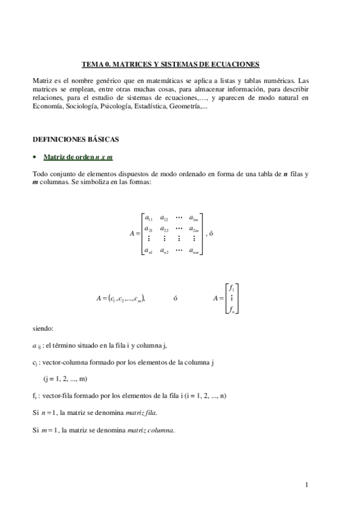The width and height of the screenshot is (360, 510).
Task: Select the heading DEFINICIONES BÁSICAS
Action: tap(76, 140)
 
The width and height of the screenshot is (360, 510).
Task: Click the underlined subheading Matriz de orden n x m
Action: tap(78, 157)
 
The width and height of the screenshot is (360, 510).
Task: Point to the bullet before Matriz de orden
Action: tap(35, 157)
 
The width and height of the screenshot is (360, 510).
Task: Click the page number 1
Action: tap(307, 484)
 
